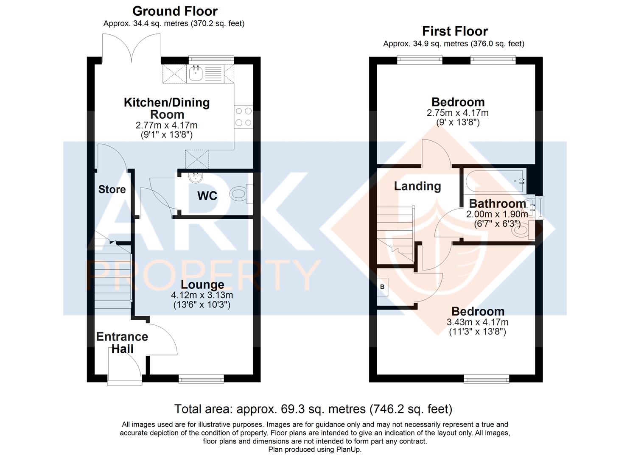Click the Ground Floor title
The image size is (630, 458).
(175, 11)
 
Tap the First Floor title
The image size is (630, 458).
(455, 31)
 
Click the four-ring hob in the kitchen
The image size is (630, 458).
(243, 117)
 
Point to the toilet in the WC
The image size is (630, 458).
(239, 194)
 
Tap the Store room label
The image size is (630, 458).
(112, 189)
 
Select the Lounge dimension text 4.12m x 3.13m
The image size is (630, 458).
(202, 295)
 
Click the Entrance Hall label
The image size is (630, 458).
(122, 343)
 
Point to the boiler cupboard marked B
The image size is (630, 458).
(382, 287)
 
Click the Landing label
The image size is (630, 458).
(417, 186)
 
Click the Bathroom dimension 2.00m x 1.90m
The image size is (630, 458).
(497, 214)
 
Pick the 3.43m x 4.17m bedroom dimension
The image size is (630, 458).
(477, 322)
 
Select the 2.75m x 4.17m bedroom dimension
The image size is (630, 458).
(457, 113)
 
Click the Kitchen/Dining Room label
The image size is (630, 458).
(167, 108)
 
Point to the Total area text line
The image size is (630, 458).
(313, 409)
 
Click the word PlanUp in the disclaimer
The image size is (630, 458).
(348, 450)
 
